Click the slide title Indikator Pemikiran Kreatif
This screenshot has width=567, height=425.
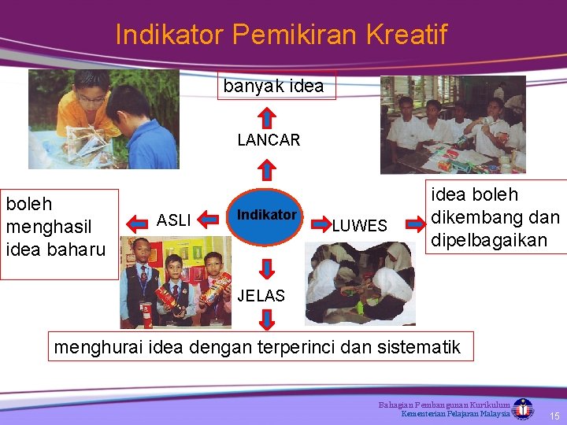point(281,35)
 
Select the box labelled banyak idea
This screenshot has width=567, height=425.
point(274,87)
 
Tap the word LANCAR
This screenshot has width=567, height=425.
point(269,141)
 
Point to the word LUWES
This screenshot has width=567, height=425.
point(359,226)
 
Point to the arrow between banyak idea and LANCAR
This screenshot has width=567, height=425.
point(268,116)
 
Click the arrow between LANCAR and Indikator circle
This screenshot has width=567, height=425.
point(268,168)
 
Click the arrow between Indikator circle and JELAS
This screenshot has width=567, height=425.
point(268,268)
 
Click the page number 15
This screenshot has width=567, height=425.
point(554,415)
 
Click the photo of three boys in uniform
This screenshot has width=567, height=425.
point(176,287)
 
